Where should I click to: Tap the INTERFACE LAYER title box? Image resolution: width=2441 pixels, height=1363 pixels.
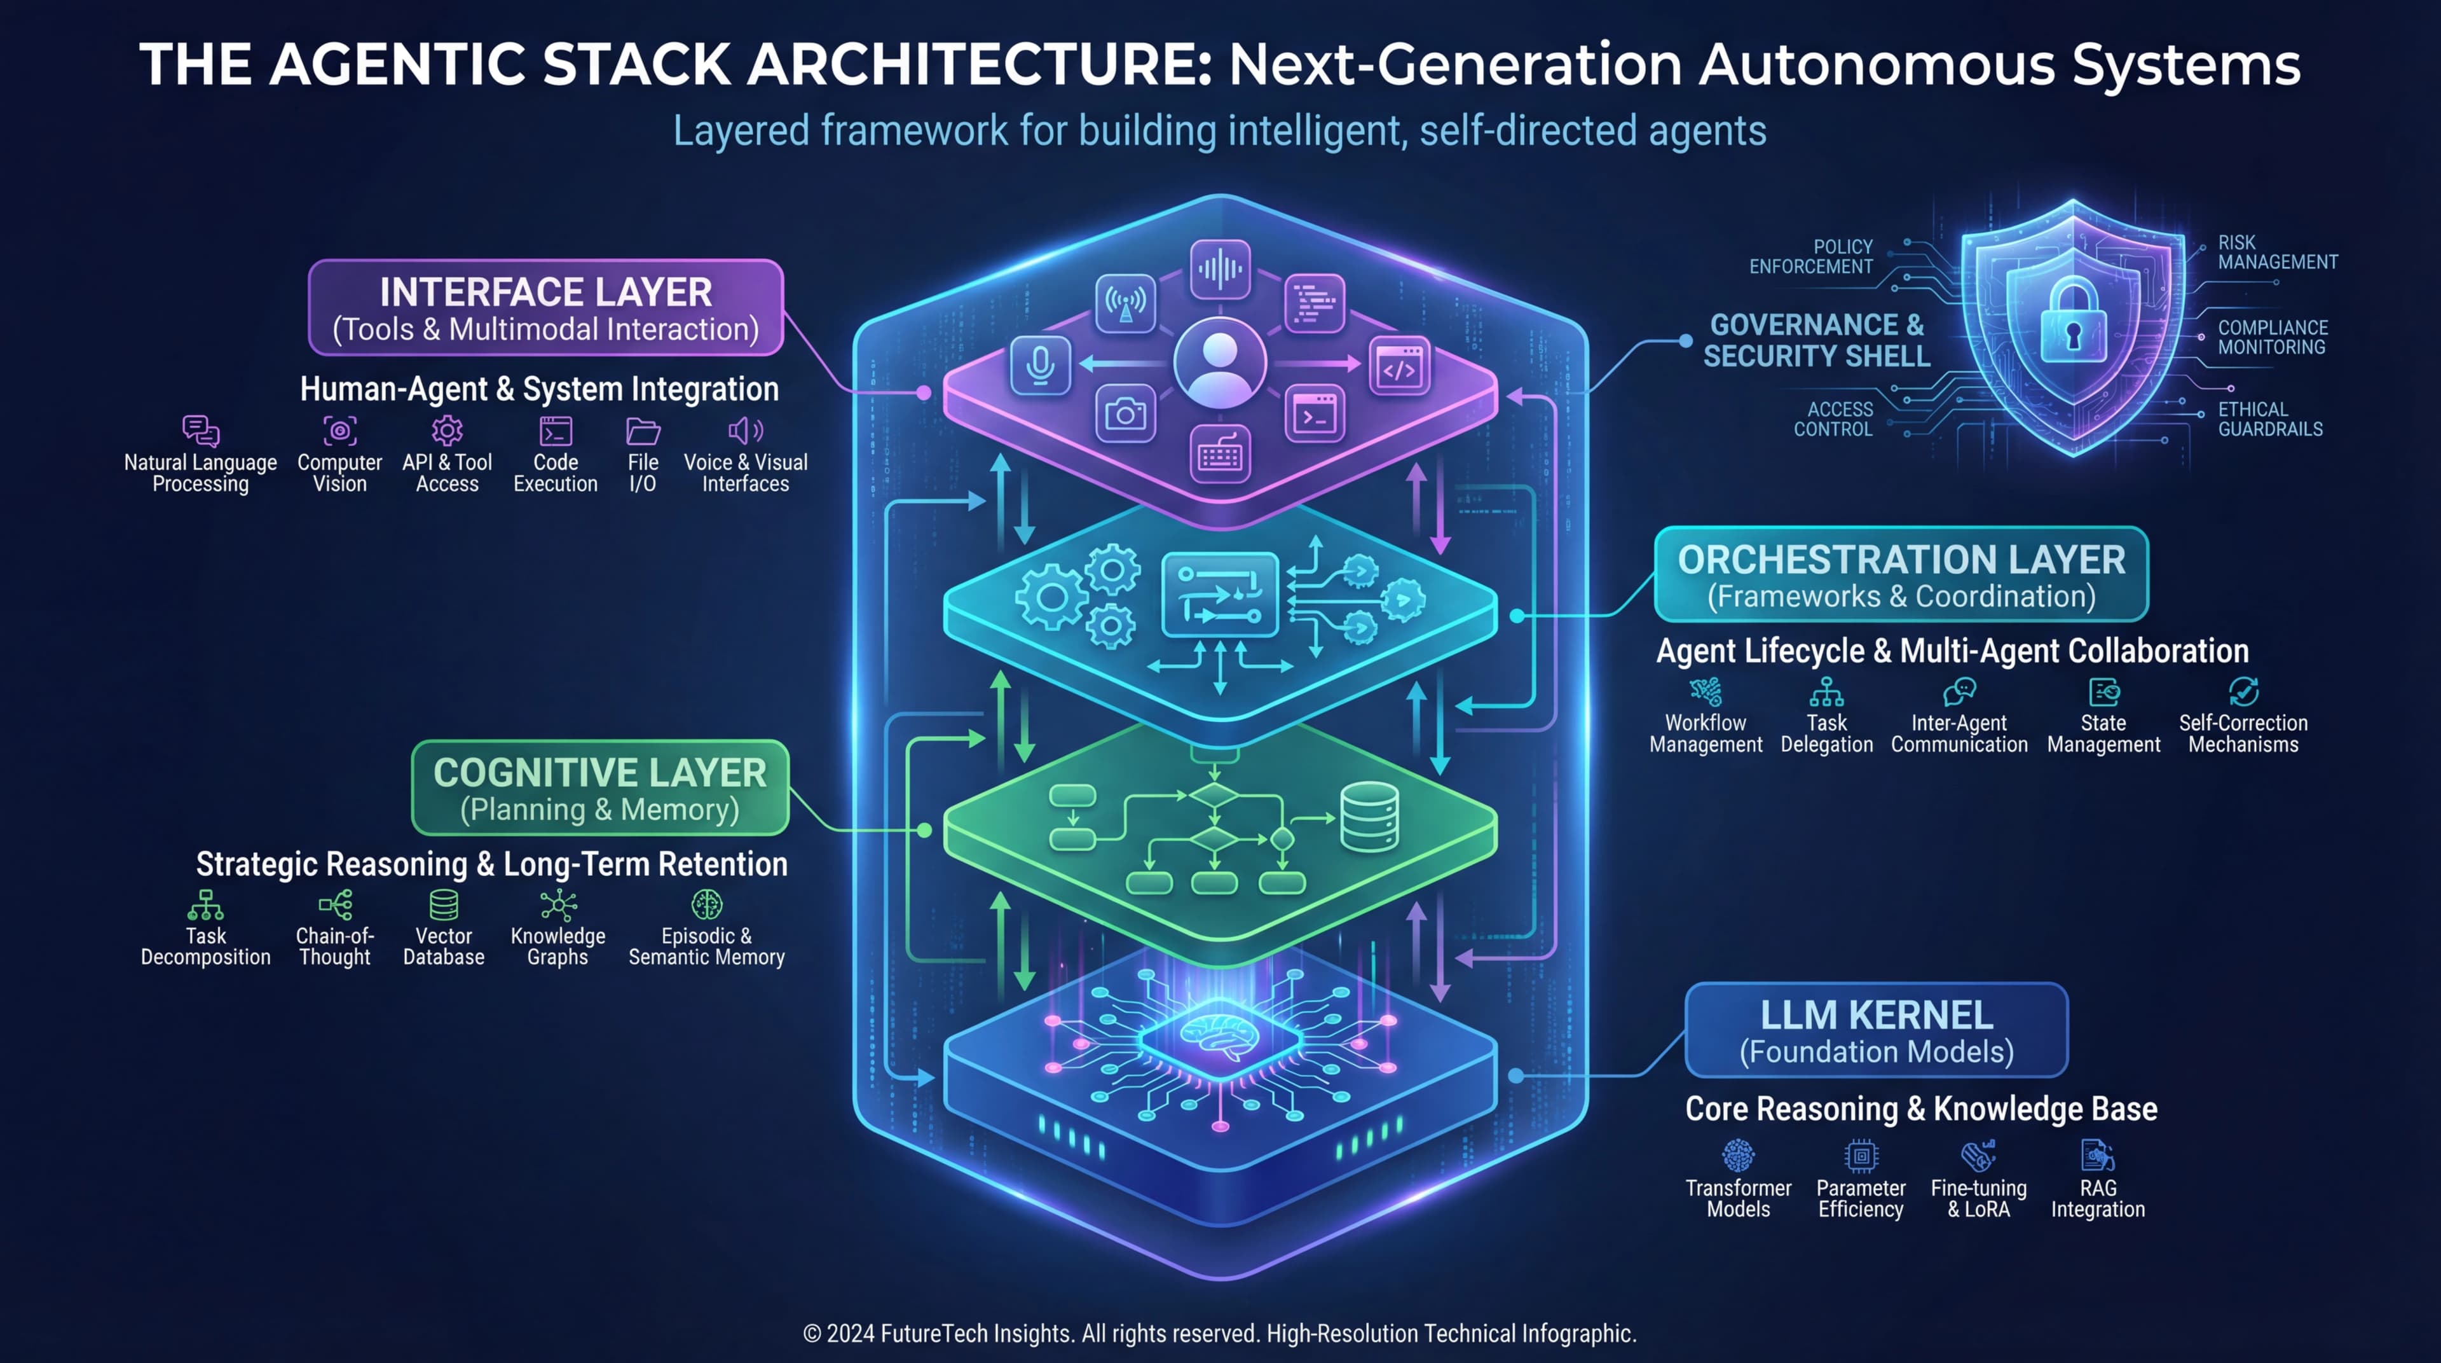(x=546, y=308)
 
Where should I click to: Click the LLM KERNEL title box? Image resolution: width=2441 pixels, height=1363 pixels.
(x=1877, y=1030)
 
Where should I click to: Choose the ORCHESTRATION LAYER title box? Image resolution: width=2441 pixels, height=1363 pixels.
(x=1901, y=574)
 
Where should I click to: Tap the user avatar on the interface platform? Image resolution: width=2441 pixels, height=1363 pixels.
(x=1220, y=363)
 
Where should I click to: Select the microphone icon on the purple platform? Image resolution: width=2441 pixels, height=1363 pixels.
(x=1041, y=365)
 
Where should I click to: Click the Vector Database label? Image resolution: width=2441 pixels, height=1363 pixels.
(x=444, y=946)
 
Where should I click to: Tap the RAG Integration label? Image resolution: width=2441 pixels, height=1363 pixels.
(x=2097, y=1198)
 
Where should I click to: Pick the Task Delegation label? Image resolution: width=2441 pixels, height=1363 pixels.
(x=1826, y=733)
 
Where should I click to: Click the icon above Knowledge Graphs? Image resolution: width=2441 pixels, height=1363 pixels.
(x=558, y=905)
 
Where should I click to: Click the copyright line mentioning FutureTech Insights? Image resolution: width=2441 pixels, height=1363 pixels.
(x=1220, y=1332)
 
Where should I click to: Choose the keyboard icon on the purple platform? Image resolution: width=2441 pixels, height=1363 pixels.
(x=1220, y=456)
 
